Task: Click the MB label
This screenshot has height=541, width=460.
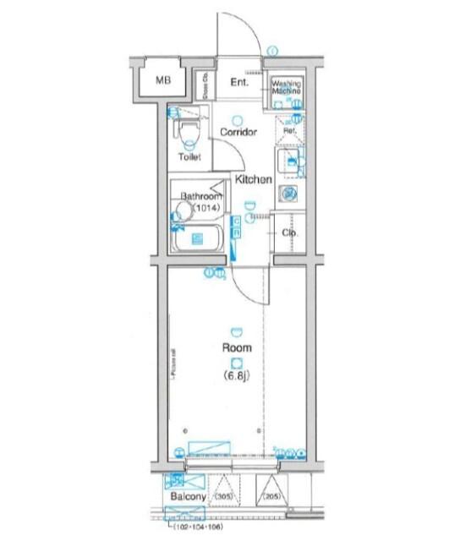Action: pyautogui.click(x=162, y=82)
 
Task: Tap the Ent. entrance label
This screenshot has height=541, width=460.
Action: pyautogui.click(x=238, y=82)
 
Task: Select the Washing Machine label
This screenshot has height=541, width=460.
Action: pyautogui.click(x=287, y=88)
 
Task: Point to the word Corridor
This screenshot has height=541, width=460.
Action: pyautogui.click(x=238, y=133)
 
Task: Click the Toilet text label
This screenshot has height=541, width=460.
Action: pyautogui.click(x=189, y=158)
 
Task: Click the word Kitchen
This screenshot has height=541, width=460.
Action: pyautogui.click(x=253, y=179)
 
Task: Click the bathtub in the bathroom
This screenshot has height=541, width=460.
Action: pyautogui.click(x=199, y=242)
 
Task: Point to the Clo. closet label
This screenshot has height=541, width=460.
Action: pyautogui.click(x=287, y=234)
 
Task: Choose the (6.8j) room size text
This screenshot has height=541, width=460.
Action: pyautogui.click(x=236, y=375)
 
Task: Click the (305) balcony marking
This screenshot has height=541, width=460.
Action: pyautogui.click(x=224, y=496)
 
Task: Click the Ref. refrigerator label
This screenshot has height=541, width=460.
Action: pyautogui.click(x=287, y=131)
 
